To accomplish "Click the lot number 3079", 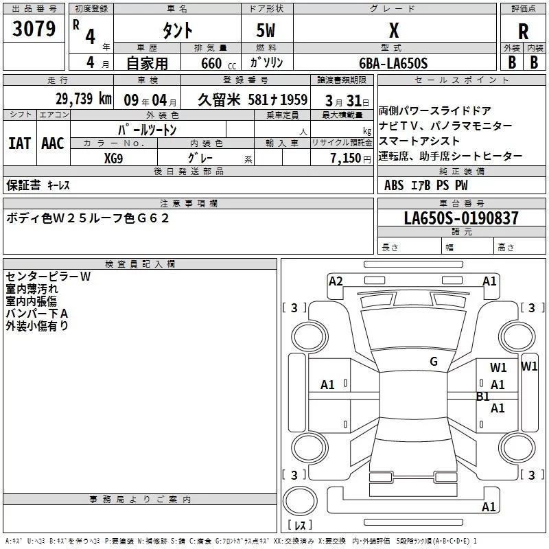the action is click(34, 30).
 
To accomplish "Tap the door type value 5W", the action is click(266, 31).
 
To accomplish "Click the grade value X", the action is click(393, 31).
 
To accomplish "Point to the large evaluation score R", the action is click(523, 32).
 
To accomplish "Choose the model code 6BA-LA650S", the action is click(393, 63).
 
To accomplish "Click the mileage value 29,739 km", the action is click(83, 99).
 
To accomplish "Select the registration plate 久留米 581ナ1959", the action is click(253, 100).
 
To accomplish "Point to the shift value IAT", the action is click(19, 143).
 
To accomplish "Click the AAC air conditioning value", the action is click(53, 143).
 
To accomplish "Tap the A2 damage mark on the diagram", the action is click(336, 281).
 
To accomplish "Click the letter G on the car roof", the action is click(434, 362).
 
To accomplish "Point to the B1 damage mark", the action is click(483, 396).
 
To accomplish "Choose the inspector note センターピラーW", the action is click(48, 277).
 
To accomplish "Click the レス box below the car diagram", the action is click(299, 526).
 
